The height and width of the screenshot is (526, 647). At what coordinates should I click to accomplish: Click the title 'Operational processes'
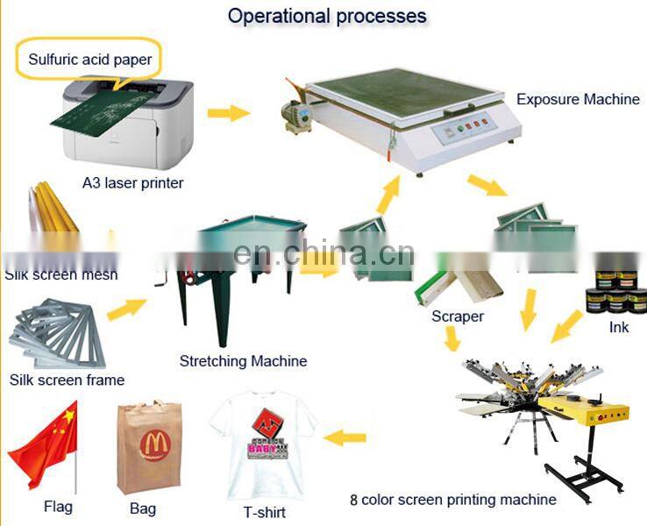(327, 16)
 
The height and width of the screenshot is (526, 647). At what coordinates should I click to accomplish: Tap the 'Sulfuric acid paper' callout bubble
(89, 60)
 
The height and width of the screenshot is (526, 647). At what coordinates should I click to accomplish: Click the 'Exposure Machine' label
(578, 99)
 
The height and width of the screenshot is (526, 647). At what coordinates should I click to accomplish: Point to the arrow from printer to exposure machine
(227, 112)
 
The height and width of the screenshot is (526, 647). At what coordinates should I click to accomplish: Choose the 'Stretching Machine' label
(243, 360)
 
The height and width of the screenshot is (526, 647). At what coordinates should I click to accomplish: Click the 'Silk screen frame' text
(67, 380)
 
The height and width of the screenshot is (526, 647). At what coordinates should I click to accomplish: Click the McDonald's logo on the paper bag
(154, 444)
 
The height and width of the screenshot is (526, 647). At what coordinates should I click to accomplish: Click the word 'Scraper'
(457, 316)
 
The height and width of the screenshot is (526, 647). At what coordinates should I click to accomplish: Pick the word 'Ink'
(619, 328)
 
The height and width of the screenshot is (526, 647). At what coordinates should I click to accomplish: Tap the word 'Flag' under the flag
(58, 507)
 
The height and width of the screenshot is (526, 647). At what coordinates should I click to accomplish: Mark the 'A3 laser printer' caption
(132, 182)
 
